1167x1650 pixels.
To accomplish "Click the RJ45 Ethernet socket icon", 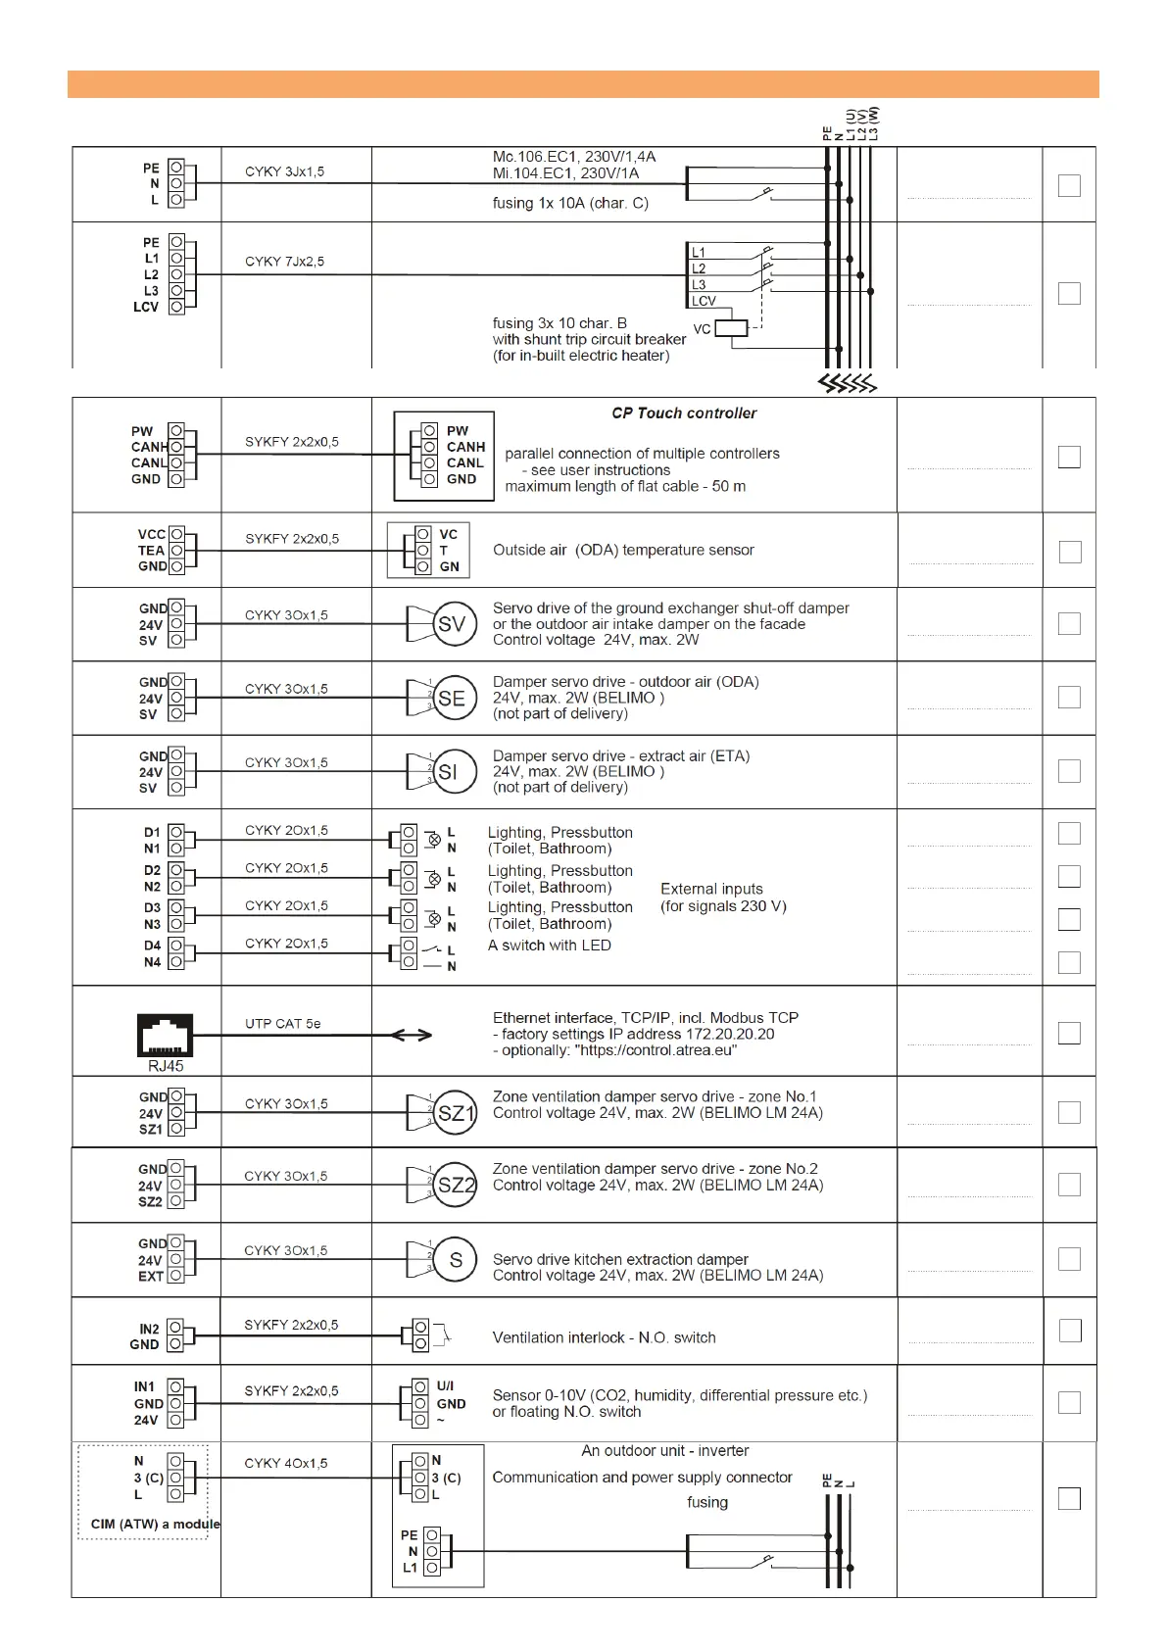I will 165,1035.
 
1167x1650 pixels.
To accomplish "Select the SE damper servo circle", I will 454,698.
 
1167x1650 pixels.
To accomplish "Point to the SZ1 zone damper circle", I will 454,1113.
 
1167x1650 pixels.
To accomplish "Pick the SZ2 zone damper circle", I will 455,1185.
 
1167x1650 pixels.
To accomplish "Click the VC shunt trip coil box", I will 731,328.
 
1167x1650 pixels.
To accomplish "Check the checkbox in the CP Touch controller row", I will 1069,458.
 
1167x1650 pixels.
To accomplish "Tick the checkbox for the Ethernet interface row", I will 1069,1033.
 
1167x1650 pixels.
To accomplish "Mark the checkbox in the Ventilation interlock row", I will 1070,1331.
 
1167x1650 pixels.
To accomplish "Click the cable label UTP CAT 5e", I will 282,1024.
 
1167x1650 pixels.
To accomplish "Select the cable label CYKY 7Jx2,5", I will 284,262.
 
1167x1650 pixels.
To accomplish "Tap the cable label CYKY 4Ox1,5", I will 286,1463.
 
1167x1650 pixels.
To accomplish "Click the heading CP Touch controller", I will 684,413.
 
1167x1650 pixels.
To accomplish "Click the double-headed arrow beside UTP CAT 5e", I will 411,1035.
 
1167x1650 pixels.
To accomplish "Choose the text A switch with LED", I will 549,946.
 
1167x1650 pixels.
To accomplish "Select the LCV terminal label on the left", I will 146,307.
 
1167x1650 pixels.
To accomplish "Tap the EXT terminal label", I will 150,1276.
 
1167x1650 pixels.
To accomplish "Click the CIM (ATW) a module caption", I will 155,1524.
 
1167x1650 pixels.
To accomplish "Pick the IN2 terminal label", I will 148,1329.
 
